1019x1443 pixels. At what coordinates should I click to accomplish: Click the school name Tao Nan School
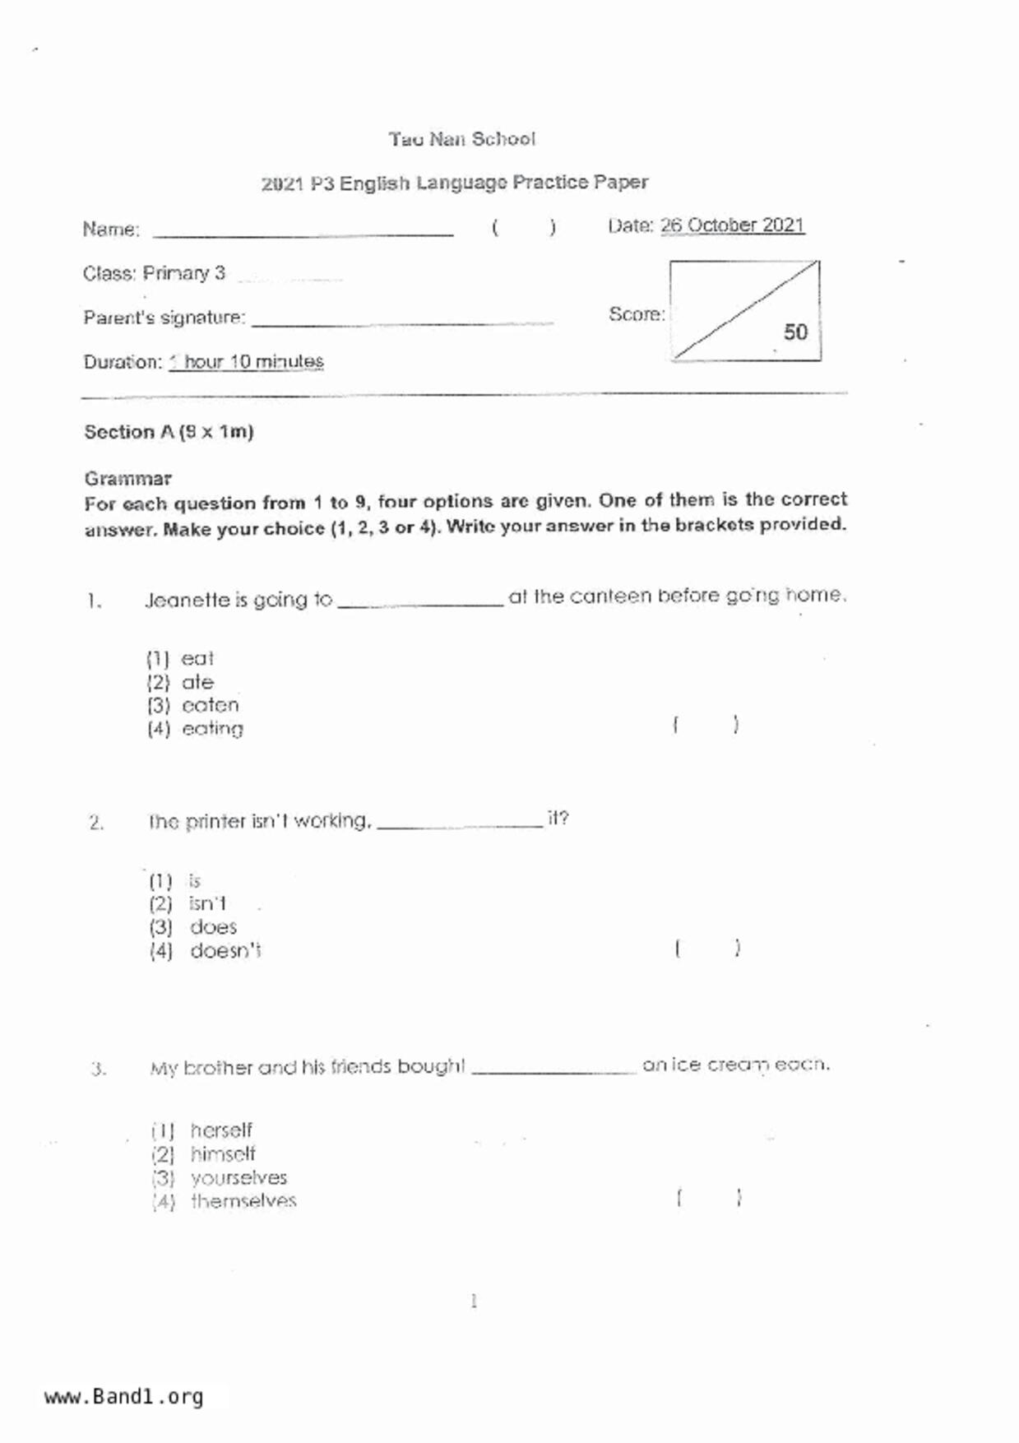[461, 139]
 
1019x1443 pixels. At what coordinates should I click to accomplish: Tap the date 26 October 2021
[732, 225]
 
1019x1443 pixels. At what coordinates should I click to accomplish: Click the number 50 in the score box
[794, 332]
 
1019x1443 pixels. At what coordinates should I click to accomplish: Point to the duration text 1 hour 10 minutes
[246, 362]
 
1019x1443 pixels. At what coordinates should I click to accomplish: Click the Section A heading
[169, 432]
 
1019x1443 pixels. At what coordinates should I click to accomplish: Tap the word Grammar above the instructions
[127, 478]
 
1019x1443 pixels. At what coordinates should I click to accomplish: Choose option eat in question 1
[197, 659]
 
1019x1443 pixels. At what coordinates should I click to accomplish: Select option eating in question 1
[212, 729]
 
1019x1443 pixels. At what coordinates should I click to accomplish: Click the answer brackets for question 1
[706, 725]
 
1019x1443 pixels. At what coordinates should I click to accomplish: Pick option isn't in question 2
[207, 904]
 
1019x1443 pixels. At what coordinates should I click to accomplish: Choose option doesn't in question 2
[225, 951]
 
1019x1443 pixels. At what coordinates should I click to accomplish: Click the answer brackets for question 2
[707, 949]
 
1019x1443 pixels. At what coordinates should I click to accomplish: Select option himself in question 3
[223, 1154]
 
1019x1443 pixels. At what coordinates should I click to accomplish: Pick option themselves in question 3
[243, 1201]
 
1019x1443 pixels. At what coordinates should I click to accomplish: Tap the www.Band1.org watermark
[123, 1397]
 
